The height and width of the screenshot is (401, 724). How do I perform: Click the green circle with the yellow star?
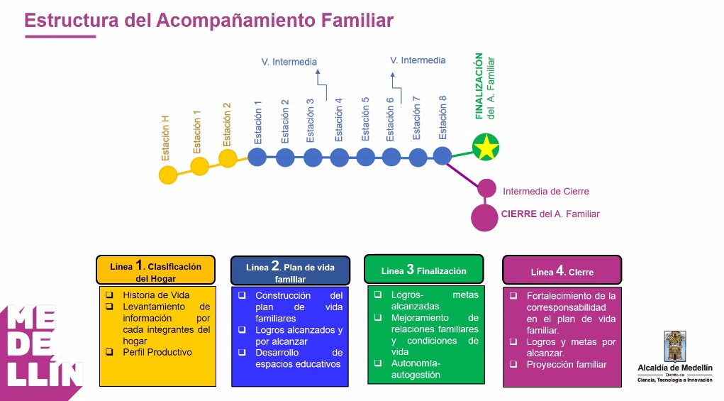[x=486, y=147]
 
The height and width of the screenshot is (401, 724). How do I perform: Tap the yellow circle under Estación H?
[x=168, y=175]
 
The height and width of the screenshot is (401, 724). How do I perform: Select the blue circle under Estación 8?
[x=442, y=156]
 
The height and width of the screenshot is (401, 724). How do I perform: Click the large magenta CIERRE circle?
[x=484, y=218]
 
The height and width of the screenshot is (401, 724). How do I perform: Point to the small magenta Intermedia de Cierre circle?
[x=486, y=189]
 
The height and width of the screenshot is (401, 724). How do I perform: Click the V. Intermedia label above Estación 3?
[x=289, y=62]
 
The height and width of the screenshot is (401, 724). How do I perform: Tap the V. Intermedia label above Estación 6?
[x=418, y=60]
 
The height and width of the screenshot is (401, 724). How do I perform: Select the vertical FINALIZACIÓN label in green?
[x=479, y=86]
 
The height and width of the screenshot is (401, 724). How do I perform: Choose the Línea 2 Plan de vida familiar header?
[x=291, y=270]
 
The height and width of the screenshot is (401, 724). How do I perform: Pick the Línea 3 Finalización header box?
[x=424, y=269]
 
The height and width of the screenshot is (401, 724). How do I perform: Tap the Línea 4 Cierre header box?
[x=562, y=270]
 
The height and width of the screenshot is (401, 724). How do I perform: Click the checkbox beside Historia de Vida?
[x=109, y=295]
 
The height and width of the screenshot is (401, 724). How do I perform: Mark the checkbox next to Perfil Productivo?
[x=109, y=352]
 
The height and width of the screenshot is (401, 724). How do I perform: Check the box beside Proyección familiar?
[x=513, y=365]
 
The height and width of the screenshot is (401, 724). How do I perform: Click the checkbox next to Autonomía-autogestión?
[x=378, y=363]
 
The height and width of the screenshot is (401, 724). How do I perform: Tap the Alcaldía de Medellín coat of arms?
[x=674, y=346]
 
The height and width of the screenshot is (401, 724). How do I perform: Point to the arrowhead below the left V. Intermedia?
[x=317, y=72]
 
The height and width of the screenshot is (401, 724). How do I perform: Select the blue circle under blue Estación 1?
[x=257, y=157]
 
